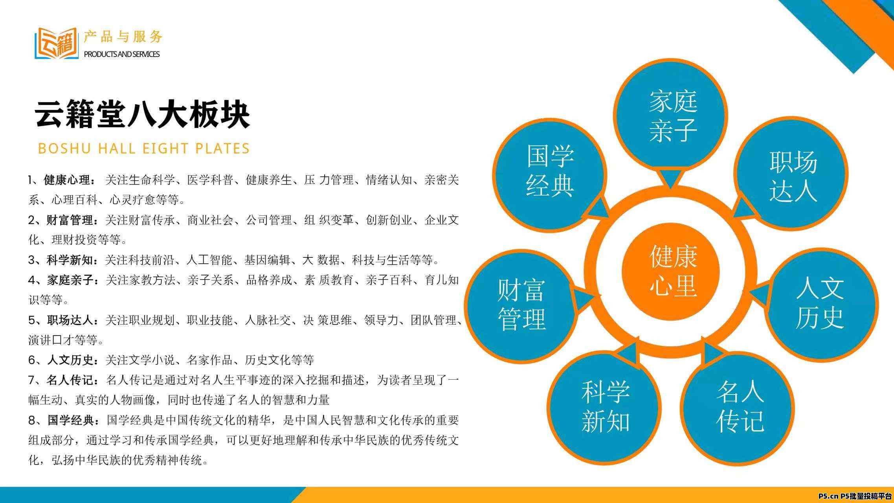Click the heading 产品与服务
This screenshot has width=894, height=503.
[123, 37]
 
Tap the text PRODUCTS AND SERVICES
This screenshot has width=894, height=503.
[122, 54]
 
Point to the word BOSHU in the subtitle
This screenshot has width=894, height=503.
[65, 149]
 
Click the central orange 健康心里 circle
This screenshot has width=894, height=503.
[670, 271]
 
